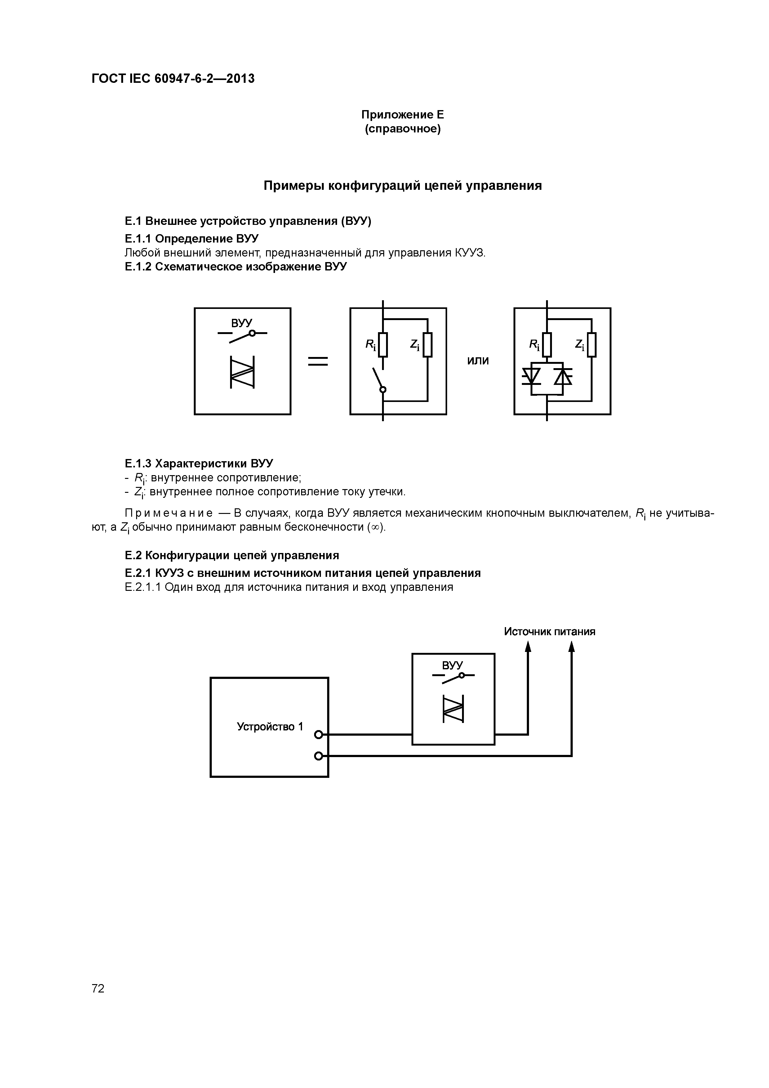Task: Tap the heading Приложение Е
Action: coord(402,115)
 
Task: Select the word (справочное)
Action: coord(402,129)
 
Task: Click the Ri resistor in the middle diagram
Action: coord(383,345)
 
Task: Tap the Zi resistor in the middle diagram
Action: coord(427,345)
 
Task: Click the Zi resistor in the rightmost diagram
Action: coord(591,345)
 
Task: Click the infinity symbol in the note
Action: coord(376,528)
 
